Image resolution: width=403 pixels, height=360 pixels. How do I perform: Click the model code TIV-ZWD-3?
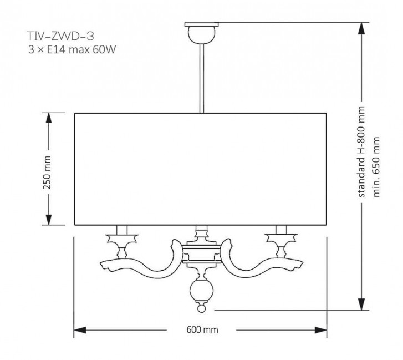[57, 37]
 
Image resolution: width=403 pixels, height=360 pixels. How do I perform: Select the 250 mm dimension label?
[48, 169]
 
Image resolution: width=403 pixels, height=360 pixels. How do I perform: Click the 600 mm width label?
[202, 329]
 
